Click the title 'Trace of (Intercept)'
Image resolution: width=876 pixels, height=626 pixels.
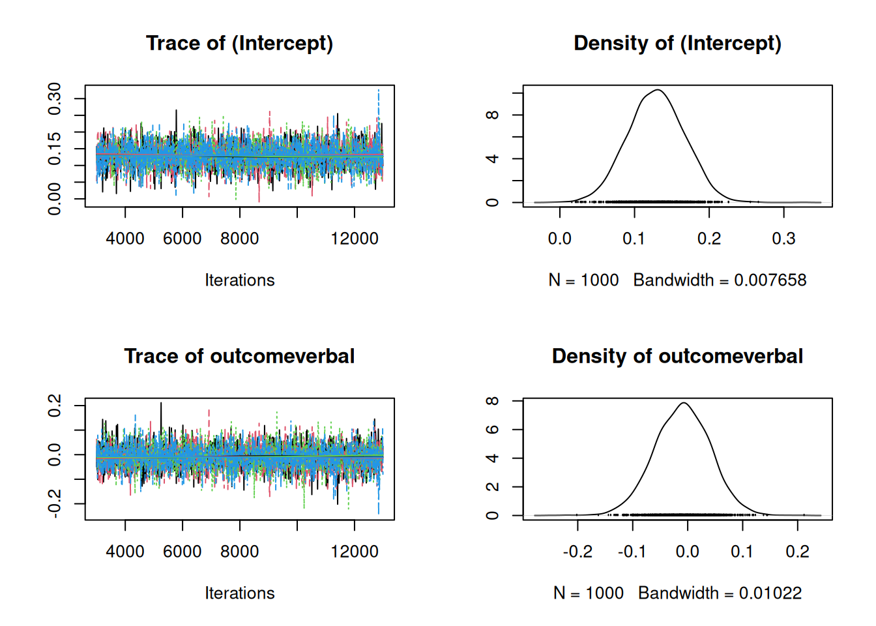click(x=239, y=43)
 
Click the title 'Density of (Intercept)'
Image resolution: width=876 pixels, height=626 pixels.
click(x=677, y=43)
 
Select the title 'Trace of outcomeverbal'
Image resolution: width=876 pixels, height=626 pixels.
click(x=239, y=356)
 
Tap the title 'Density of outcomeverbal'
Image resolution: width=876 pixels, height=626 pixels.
click(x=677, y=356)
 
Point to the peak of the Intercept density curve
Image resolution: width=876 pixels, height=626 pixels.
click(x=658, y=90)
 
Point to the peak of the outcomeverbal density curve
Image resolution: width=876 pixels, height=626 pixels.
click(x=684, y=403)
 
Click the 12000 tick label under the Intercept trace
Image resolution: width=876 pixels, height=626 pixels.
click(x=354, y=239)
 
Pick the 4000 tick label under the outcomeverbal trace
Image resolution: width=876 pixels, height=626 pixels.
click(x=125, y=552)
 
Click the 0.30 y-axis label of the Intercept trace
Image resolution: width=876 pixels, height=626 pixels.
click(x=55, y=98)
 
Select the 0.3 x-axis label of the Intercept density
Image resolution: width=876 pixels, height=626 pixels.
click(x=783, y=239)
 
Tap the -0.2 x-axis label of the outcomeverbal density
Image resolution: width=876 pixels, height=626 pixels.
click(x=577, y=552)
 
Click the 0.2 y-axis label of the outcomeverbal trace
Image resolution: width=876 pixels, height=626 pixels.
click(x=55, y=406)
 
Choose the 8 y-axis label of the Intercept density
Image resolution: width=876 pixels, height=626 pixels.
click(x=493, y=115)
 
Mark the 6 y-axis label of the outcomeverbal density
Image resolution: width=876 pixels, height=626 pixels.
click(x=493, y=429)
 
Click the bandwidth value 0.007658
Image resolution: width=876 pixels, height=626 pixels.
click(x=770, y=280)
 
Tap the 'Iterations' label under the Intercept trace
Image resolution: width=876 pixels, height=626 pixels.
click(x=239, y=280)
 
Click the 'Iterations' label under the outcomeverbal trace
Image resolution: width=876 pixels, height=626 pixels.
click(x=239, y=593)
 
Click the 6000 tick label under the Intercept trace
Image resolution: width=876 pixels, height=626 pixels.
click(x=182, y=239)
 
